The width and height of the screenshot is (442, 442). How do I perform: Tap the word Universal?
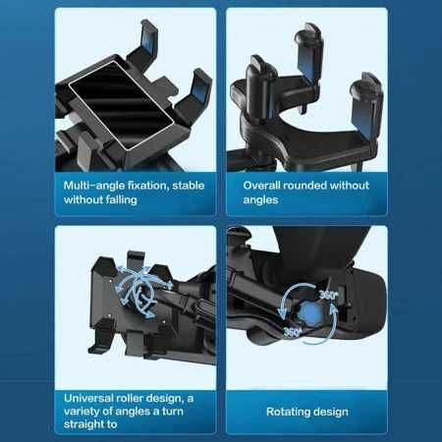pyautogui.click(x=89, y=398)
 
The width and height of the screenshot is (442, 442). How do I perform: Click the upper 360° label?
pyautogui.click(x=330, y=294)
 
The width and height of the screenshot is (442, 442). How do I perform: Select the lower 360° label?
pyautogui.click(x=292, y=332)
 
